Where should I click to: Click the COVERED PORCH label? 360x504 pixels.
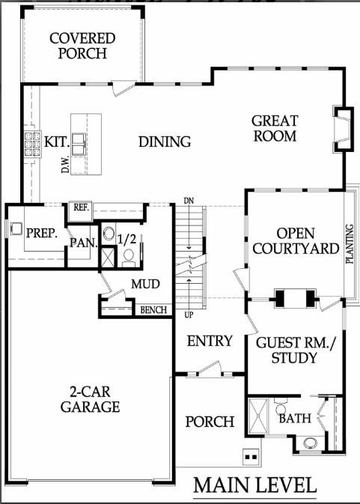(82, 46)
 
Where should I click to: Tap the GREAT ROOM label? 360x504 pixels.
(275, 128)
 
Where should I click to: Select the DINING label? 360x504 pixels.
(165, 142)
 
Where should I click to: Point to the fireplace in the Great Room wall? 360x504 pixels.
(342, 130)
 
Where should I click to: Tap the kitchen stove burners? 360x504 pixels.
(34, 144)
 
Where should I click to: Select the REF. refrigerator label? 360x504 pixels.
(80, 208)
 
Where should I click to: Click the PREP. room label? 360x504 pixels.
(41, 233)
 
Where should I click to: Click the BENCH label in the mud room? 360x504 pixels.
(154, 309)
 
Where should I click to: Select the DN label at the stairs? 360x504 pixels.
(189, 201)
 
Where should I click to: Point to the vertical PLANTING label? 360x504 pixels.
(350, 243)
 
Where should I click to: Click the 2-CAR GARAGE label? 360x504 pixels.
(90, 401)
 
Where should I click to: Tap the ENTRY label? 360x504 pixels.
(210, 341)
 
